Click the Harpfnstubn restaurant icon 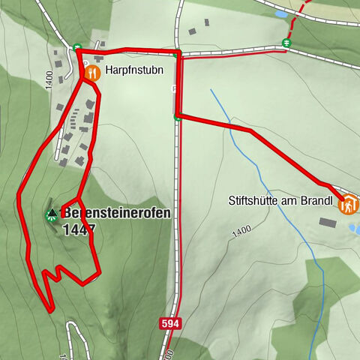pos(92,73)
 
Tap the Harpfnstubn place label pos(130,73)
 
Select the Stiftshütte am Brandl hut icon pos(348,204)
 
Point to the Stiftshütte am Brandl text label pos(282,201)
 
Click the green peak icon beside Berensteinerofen pos(51,214)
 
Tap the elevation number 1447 pos(79,230)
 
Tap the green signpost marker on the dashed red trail pos(286,43)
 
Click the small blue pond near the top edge pos(280,13)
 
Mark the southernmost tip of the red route pos(49,308)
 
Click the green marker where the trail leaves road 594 pos(177,116)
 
